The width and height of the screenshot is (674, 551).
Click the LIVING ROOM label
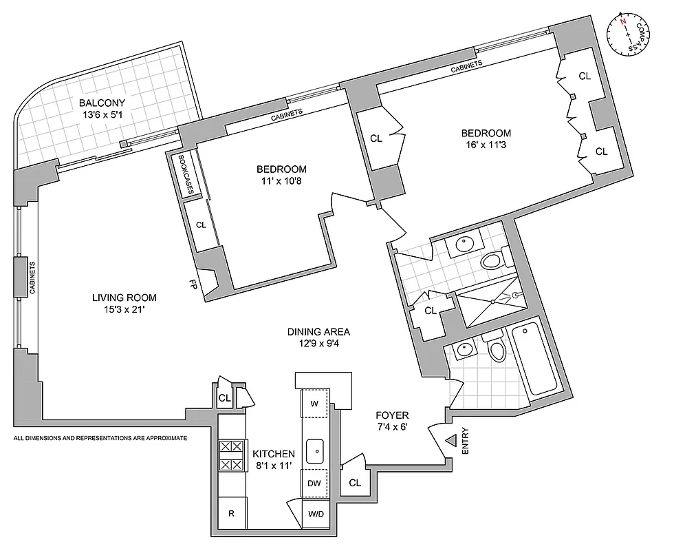pos(124,298)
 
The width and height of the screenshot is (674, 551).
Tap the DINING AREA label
pos(315,331)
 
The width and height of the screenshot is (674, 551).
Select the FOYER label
pos(392,415)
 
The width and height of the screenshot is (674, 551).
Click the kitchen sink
pos(316,450)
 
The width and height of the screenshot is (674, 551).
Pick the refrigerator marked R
pos(232,513)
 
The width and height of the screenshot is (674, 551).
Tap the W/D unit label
pos(316,514)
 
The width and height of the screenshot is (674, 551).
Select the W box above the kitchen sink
pos(315,404)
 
